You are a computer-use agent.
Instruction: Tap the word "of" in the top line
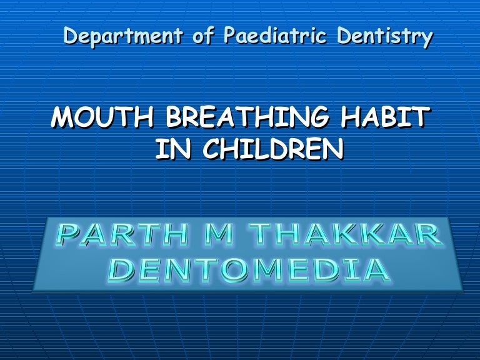tap(203, 34)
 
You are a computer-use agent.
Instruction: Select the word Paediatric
tap(275, 34)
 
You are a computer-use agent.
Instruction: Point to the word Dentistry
tap(385, 37)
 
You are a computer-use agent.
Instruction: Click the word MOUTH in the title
tap(102, 117)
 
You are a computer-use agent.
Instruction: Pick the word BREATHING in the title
tap(247, 117)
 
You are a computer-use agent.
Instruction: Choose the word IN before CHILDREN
tap(173, 149)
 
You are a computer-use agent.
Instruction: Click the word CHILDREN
tap(273, 149)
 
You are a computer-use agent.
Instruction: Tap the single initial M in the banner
tap(217, 235)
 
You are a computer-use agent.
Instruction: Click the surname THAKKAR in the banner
tap(345, 235)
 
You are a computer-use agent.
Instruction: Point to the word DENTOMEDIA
tap(249, 270)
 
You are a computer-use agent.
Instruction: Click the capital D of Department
tap(71, 36)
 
